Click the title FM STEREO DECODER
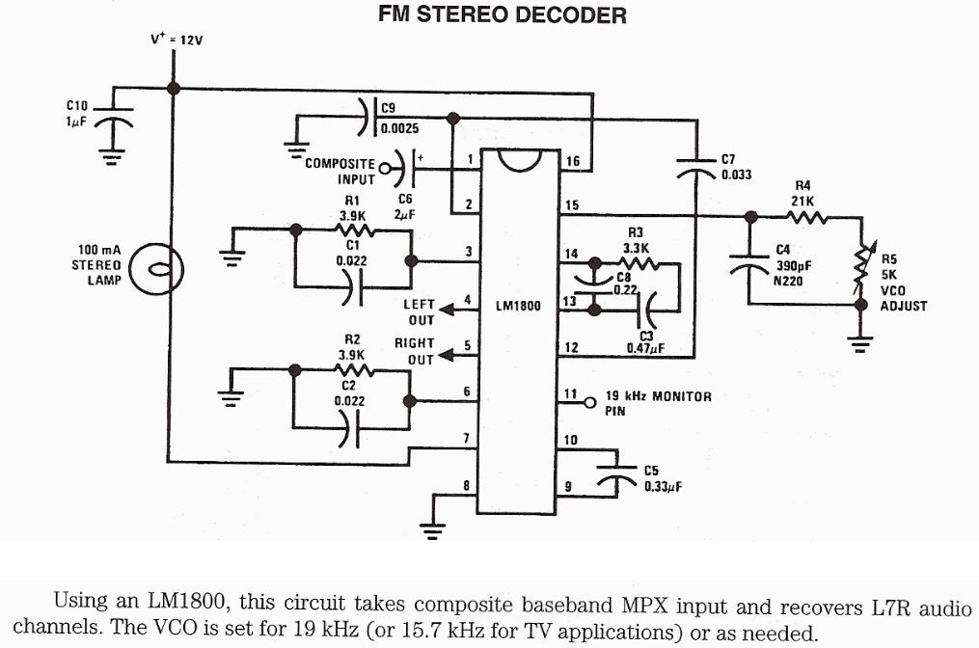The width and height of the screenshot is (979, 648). click(502, 14)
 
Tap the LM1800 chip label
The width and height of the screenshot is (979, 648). click(519, 306)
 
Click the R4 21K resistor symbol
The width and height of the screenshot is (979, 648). click(809, 216)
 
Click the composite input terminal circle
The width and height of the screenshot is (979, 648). click(385, 170)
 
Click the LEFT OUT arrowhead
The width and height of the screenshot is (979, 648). click(447, 310)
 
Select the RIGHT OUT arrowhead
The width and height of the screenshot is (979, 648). click(447, 356)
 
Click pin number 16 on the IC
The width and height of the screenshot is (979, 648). click(573, 161)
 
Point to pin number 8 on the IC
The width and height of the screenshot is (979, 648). click(467, 485)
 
